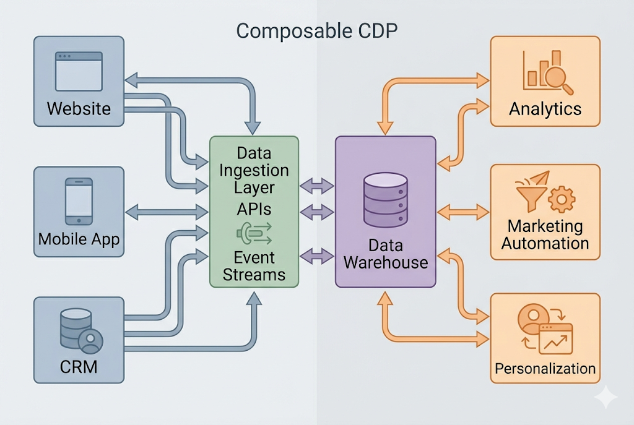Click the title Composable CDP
[x=316, y=31]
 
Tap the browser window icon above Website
[x=79, y=72]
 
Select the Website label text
[x=79, y=109]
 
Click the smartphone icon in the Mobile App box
[x=79, y=202]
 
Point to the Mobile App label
[x=79, y=239]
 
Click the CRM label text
[x=79, y=366]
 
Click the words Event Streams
[x=254, y=265]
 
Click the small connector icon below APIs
[x=253, y=233]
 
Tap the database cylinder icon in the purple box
[x=385, y=200]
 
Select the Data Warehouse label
[x=385, y=254]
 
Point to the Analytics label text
[x=545, y=109]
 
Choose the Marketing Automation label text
[x=545, y=234]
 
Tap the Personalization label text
[x=545, y=369]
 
